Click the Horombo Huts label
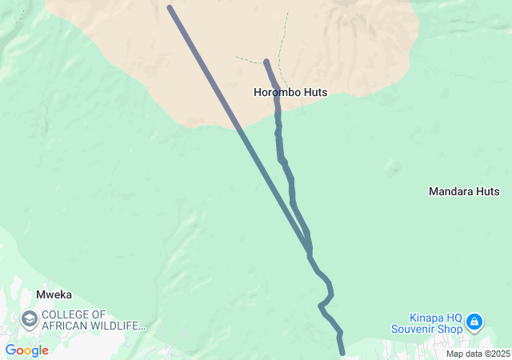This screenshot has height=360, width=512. (290, 92)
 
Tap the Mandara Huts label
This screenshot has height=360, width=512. (464, 191)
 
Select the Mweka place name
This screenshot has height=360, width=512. (54, 294)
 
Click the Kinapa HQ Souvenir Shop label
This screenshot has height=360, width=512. (426, 322)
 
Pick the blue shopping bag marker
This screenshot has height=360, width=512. (474, 322)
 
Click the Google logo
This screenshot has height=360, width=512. (26, 350)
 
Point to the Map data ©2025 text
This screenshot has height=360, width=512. (477, 354)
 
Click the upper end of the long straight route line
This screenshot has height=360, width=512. (170, 8)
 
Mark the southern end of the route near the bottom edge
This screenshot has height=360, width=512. (342, 352)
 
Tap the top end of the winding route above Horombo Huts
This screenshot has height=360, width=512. (266, 61)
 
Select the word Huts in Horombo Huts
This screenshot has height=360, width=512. (315, 92)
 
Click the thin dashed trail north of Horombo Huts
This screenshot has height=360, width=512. (282, 40)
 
